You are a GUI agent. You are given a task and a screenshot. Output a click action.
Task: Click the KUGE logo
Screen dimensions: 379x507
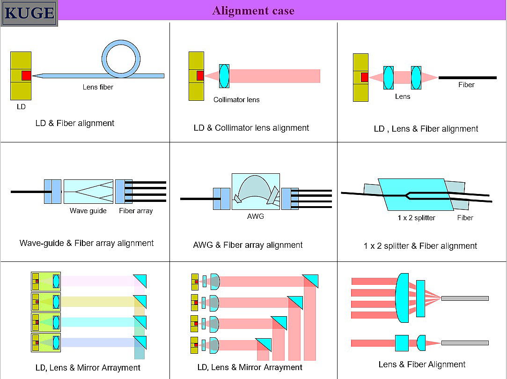(29, 13)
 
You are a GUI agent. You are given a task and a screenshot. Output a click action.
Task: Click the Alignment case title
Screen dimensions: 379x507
(253, 10)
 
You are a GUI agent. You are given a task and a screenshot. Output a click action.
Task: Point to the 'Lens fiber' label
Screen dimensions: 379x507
(98, 87)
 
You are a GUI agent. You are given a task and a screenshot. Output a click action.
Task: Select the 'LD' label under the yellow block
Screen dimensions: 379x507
(21, 106)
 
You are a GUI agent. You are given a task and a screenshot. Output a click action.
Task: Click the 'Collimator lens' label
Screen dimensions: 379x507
(236, 99)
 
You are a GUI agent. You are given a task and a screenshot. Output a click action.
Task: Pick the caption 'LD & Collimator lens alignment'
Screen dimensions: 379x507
(251, 127)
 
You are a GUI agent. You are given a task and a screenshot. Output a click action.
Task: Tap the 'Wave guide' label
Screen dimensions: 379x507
(88, 211)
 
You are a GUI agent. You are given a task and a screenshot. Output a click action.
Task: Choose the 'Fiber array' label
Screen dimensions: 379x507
(136, 211)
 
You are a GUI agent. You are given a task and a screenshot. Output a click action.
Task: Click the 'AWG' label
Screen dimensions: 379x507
(256, 216)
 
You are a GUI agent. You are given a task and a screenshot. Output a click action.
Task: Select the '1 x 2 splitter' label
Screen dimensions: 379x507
(416, 217)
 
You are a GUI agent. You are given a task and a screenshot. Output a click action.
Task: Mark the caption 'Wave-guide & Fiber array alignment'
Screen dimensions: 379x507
(87, 243)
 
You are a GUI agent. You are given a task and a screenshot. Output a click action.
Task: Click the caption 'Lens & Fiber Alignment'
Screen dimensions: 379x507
(422, 364)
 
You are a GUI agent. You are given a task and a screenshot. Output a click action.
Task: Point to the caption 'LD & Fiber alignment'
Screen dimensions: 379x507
(75, 123)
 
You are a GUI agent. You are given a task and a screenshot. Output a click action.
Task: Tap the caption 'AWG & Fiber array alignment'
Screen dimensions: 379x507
(248, 245)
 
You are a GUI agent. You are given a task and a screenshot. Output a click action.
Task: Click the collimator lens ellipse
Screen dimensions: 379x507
(224, 76)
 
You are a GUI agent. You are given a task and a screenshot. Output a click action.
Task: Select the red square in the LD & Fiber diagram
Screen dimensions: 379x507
(26, 75)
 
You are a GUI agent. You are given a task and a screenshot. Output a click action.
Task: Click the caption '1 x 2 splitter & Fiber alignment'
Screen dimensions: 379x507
(420, 245)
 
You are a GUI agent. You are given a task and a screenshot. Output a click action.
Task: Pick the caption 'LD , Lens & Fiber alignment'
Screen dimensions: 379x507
(426, 128)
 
